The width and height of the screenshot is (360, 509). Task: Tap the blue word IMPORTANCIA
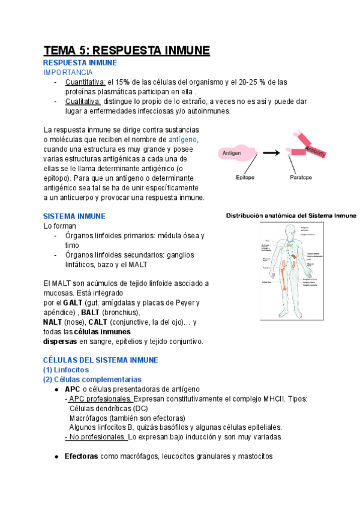(x=68, y=72)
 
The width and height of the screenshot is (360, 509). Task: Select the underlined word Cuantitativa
(x=85, y=82)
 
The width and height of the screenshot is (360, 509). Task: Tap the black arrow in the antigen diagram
(x=272, y=153)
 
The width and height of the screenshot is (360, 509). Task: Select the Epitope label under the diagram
(x=245, y=178)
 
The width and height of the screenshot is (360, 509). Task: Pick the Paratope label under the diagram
(x=301, y=178)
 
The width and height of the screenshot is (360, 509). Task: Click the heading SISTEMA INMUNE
(x=74, y=215)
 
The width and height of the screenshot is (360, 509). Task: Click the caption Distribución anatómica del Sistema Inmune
(x=291, y=215)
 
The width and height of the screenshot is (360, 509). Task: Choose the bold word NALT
(x=53, y=322)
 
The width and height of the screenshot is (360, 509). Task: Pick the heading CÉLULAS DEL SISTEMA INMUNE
(x=100, y=360)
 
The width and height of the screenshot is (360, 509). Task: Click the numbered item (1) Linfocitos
(x=66, y=370)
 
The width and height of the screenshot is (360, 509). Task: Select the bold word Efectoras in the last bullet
(x=81, y=456)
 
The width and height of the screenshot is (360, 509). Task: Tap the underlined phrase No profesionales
(x=97, y=437)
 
